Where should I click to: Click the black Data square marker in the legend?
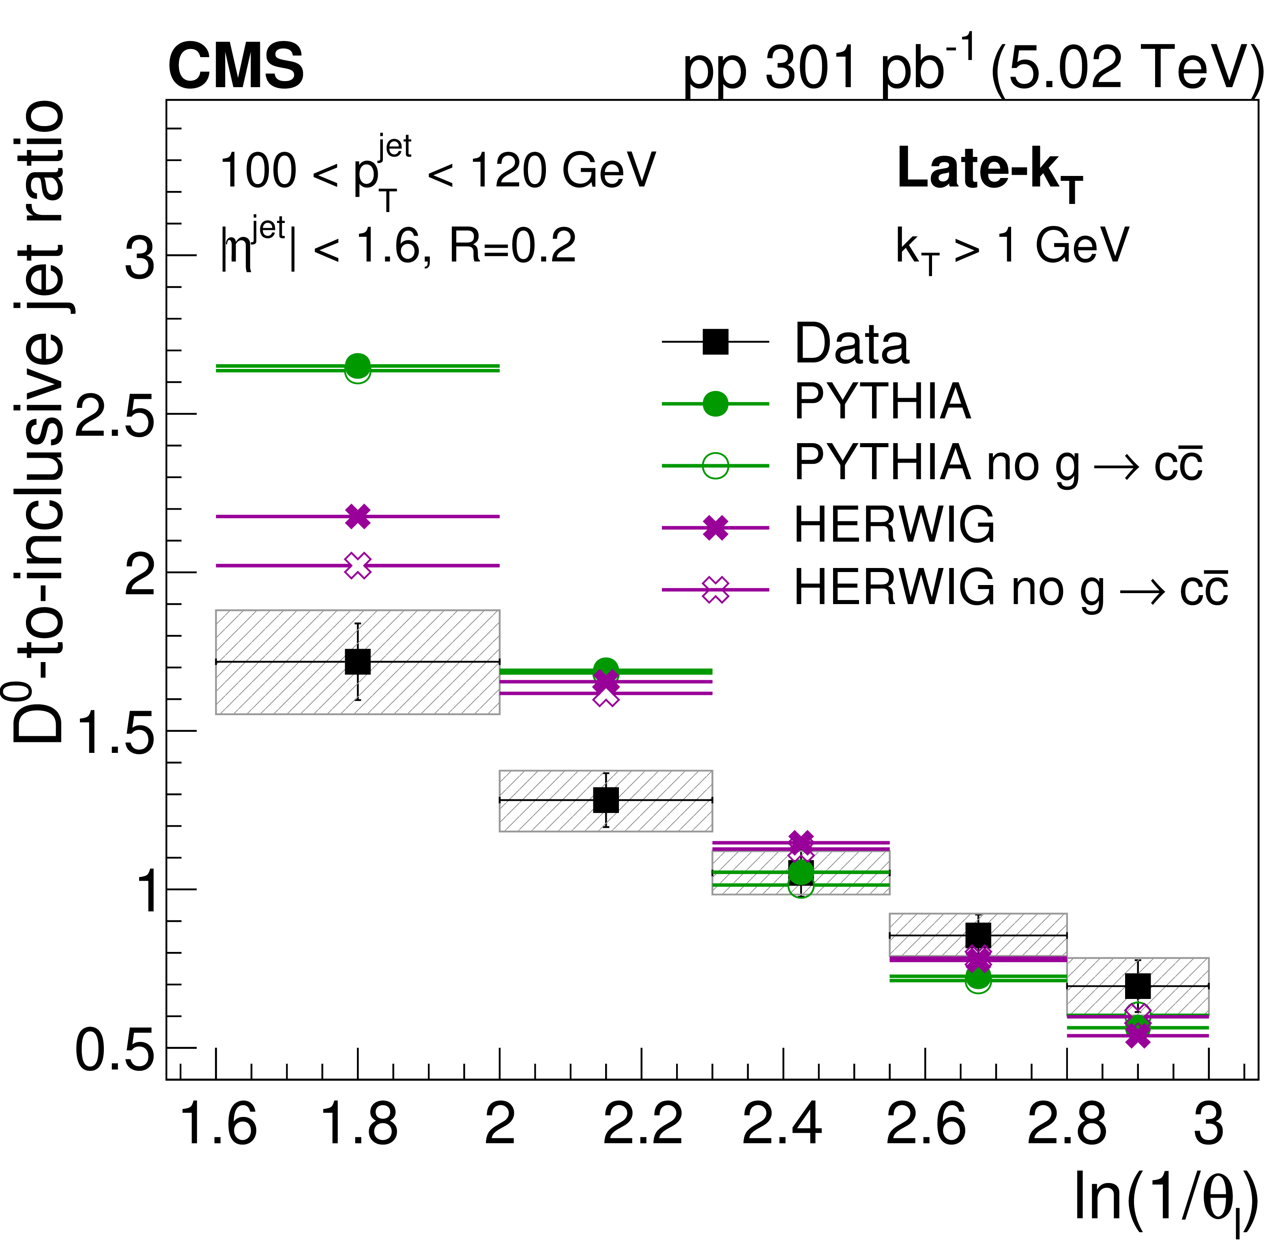[x=715, y=341]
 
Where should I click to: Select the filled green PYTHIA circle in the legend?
[x=715, y=404]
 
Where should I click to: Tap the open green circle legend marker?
[x=715, y=466]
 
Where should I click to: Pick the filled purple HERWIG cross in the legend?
[x=715, y=527]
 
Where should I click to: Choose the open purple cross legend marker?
[x=715, y=590]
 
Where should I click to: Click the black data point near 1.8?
[x=357, y=662]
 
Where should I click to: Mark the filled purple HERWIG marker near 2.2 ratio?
[x=357, y=516]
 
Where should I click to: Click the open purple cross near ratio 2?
[x=357, y=566]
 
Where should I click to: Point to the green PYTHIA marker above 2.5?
[x=357, y=366]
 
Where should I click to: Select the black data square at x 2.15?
[x=606, y=800]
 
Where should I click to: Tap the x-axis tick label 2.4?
[x=782, y=1124]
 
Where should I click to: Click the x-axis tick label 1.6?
[x=217, y=1124]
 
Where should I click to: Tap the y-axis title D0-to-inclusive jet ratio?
[x=39, y=424]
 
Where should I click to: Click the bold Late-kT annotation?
[x=989, y=171]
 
